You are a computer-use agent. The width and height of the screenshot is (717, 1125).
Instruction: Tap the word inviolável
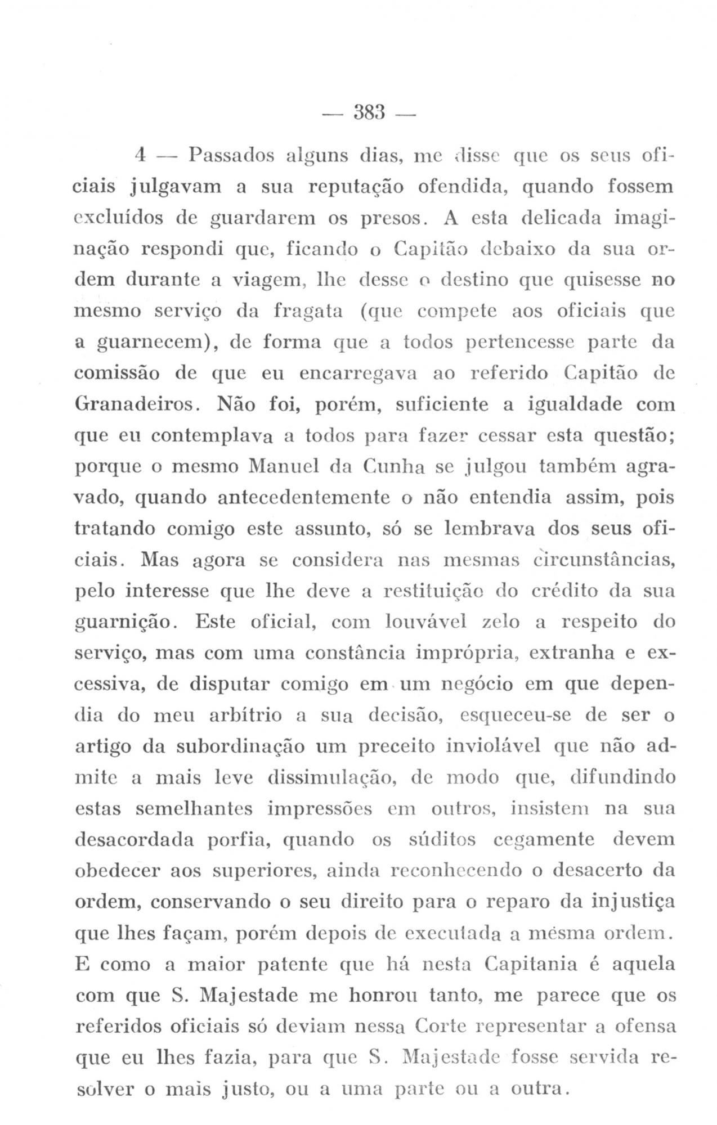pyautogui.click(x=492, y=747)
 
